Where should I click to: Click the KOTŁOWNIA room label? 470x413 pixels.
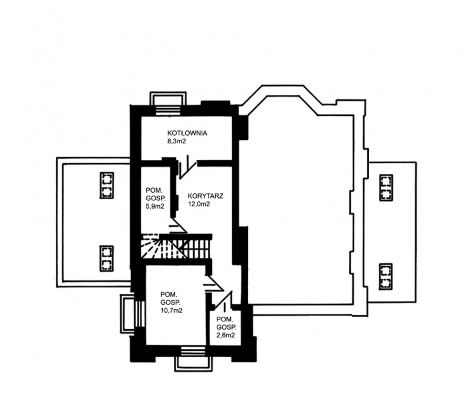(x=187, y=133)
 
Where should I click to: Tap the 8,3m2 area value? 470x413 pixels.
(x=177, y=141)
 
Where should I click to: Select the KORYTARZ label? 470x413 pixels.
(x=205, y=196)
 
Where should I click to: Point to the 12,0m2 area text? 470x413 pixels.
(x=199, y=204)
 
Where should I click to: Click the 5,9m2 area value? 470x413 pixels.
(x=155, y=206)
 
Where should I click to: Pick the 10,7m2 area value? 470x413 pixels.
(x=172, y=311)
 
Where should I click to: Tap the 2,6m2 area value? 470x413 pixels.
(x=226, y=335)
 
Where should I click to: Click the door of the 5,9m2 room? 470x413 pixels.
(x=178, y=225)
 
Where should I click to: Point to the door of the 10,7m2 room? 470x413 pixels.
(x=213, y=283)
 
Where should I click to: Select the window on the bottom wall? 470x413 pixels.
(x=193, y=359)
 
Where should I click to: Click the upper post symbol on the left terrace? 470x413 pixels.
(x=106, y=185)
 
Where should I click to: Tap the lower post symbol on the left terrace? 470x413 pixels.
(x=106, y=258)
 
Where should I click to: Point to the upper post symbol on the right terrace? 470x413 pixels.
(x=386, y=187)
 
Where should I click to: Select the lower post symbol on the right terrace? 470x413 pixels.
(x=386, y=276)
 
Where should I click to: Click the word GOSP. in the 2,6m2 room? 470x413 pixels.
(x=226, y=327)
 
